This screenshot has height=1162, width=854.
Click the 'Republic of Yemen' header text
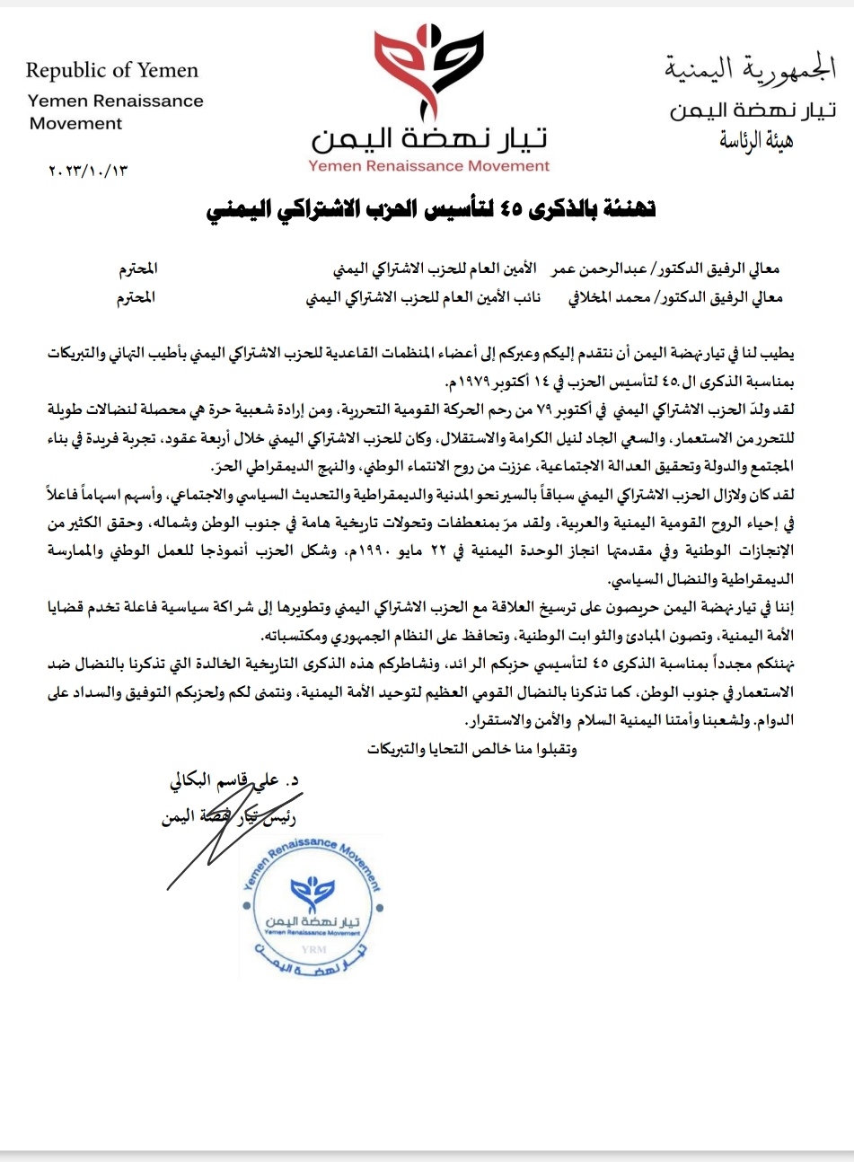112,70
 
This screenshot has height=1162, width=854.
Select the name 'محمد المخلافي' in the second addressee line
606,298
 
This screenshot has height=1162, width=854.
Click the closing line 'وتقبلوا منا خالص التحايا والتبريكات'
470,749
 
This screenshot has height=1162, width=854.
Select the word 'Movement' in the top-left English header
75,123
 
